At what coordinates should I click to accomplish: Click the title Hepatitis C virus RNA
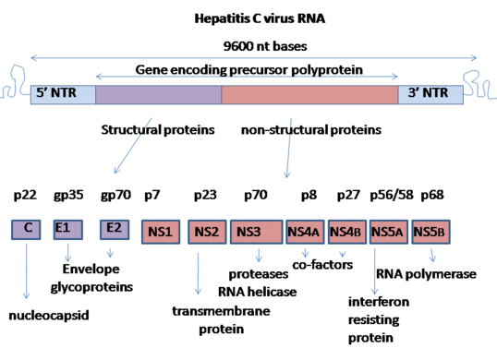click(x=248, y=17)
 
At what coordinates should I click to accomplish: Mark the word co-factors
click(x=325, y=263)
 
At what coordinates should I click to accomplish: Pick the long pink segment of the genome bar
click(x=309, y=93)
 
